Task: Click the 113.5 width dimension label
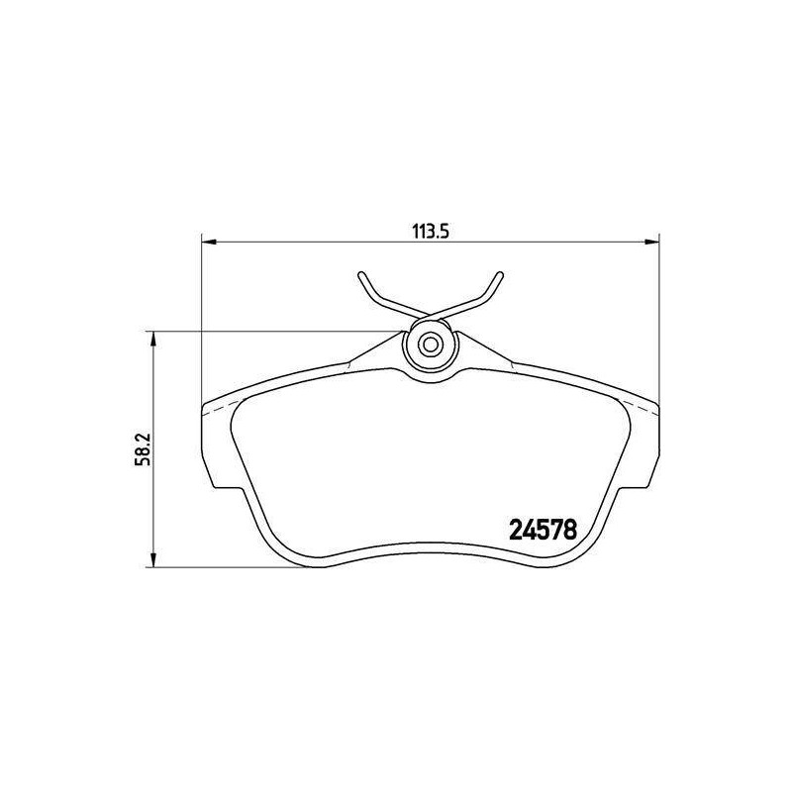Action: (431, 232)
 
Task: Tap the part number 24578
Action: (543, 530)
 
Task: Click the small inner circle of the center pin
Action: (431, 345)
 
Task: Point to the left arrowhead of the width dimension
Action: (209, 242)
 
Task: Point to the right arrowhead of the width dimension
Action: (652, 242)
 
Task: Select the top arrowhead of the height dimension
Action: (153, 339)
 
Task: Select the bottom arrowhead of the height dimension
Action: (153, 559)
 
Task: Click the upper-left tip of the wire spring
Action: (360, 275)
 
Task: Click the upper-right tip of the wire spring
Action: (501, 275)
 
